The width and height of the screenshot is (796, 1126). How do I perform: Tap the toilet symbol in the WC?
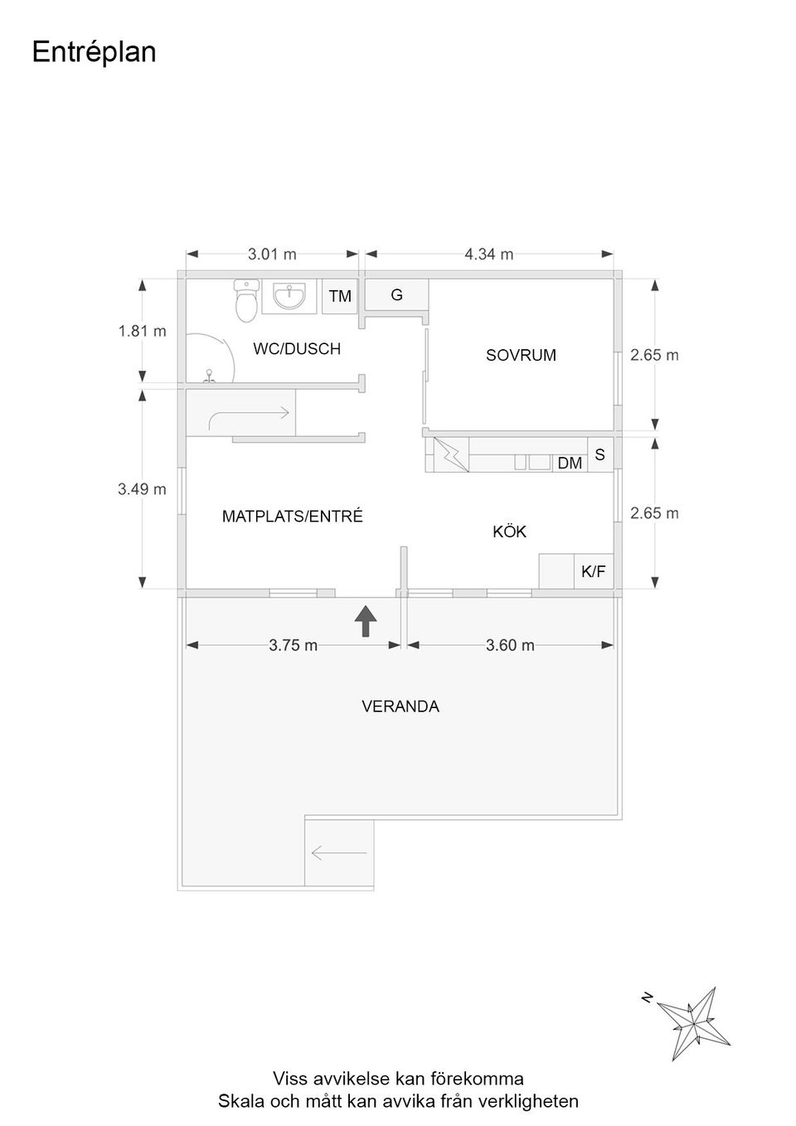click(x=246, y=301)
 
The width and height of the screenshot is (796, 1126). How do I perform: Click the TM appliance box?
click(x=340, y=296)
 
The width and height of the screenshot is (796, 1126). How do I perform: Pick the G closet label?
click(x=396, y=294)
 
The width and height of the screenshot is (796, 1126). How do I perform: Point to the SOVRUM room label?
click(x=521, y=356)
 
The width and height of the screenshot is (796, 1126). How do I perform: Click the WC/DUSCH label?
click(x=297, y=348)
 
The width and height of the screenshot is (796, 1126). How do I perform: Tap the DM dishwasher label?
click(x=570, y=463)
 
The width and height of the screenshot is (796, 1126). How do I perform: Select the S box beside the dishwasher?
click(x=600, y=454)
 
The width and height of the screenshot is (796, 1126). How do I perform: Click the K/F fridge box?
click(x=594, y=571)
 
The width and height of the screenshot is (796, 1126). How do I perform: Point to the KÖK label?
click(x=510, y=531)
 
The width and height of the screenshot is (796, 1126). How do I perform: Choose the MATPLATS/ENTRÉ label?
click(x=293, y=517)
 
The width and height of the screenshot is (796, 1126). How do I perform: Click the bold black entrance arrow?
click(x=366, y=621)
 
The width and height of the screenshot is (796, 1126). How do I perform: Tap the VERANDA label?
click(x=400, y=706)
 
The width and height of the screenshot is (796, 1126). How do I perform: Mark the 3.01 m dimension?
click(x=272, y=255)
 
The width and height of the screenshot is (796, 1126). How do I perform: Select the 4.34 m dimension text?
click(x=489, y=255)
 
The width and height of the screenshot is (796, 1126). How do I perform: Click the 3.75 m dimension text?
click(x=293, y=645)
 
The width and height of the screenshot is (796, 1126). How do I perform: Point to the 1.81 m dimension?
click(x=143, y=332)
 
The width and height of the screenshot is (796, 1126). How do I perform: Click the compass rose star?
click(x=694, y=1023)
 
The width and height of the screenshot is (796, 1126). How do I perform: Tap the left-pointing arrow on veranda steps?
click(x=339, y=852)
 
